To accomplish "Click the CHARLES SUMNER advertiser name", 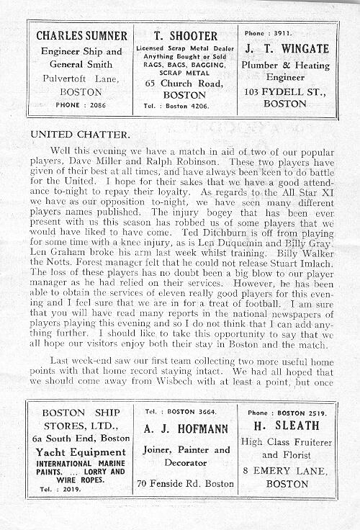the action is (x=81, y=36).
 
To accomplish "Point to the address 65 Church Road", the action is (x=185, y=83).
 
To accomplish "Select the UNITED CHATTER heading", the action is (x=81, y=134).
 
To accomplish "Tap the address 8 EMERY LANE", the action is (x=287, y=470).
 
